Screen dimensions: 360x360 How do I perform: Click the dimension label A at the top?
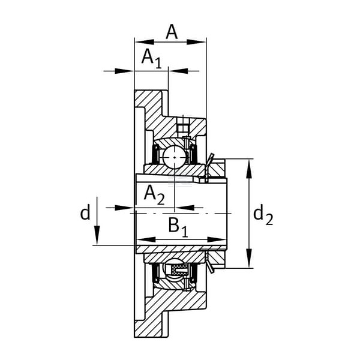coord(172,32)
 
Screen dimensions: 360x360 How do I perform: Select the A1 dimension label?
coord(152,59)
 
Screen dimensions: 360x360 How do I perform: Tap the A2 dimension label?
coord(154,195)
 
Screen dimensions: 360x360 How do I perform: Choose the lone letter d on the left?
coord(85,212)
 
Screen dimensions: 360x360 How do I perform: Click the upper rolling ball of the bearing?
coord(175,157)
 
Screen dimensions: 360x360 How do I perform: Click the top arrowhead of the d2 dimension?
coord(248,168)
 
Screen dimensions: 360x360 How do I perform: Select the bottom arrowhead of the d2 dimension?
coord(248,258)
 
